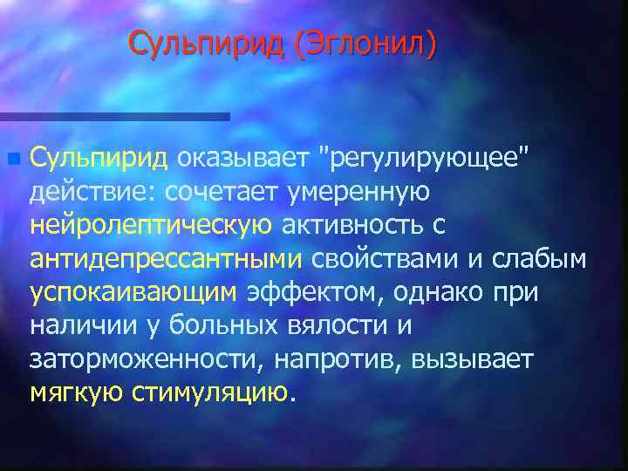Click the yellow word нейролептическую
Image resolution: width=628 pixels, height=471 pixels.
click(151, 225)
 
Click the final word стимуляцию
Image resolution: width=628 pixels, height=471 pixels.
click(209, 392)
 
